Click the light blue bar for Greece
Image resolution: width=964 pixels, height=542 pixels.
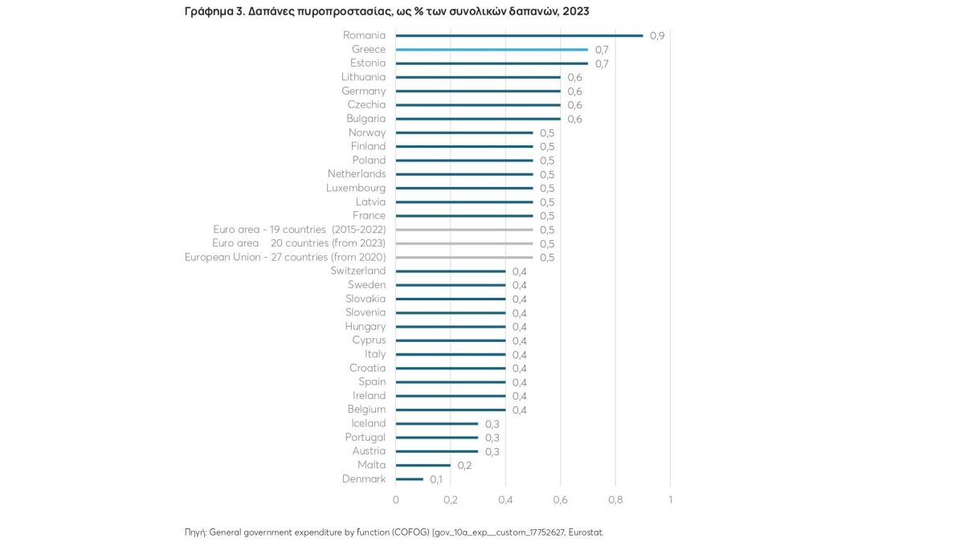pyautogui.click(x=492, y=49)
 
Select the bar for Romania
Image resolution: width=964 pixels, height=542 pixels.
pyautogui.click(x=519, y=35)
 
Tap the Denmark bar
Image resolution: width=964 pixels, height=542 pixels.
pyautogui.click(x=409, y=479)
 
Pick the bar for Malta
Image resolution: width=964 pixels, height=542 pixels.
pyautogui.click(x=423, y=466)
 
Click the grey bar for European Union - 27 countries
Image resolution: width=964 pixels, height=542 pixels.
pyautogui.click(x=464, y=257)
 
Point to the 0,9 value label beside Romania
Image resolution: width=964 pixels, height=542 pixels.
pyautogui.click(x=657, y=36)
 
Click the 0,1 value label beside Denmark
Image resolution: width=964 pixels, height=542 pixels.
pyautogui.click(x=436, y=480)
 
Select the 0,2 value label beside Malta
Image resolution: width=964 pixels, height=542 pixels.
pyautogui.click(x=464, y=466)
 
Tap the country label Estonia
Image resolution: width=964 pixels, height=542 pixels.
pyautogui.click(x=368, y=63)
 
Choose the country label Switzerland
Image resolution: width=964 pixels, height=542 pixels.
pyautogui.click(x=358, y=271)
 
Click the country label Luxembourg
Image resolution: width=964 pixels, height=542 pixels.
pyautogui.click(x=356, y=188)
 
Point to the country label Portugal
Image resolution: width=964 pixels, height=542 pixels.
pyautogui.click(x=366, y=438)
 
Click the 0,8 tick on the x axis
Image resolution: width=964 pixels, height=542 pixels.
pyautogui.click(x=615, y=499)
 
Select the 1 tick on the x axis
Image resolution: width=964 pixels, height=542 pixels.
pyautogui.click(x=670, y=499)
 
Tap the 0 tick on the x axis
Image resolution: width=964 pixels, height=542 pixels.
pyautogui.click(x=395, y=499)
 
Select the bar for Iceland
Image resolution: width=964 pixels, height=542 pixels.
pyautogui.click(x=436, y=424)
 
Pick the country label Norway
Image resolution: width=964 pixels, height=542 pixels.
pyautogui.click(x=367, y=132)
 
